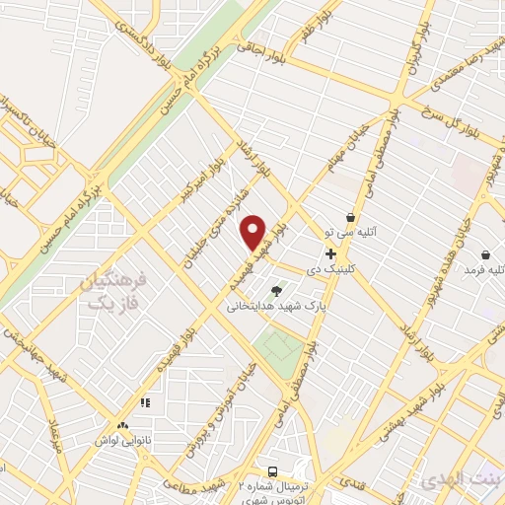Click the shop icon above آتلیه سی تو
coord(350,217)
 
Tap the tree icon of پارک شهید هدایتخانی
coord(276,290)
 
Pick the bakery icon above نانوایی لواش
coord(122,424)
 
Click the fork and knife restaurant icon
coord(145,402)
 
